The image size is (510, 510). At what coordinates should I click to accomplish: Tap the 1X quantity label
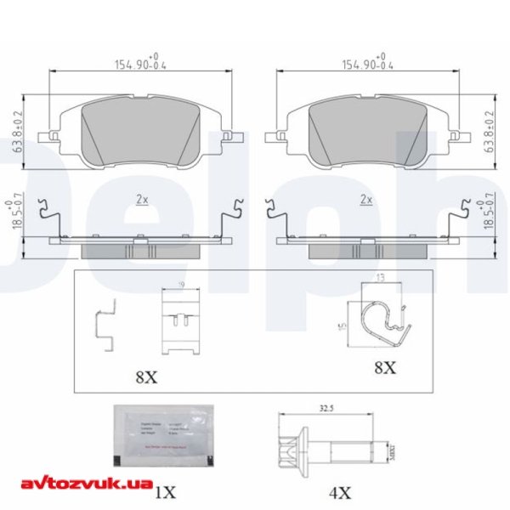pos(165,490)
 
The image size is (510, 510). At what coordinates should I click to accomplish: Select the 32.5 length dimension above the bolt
pos(324,408)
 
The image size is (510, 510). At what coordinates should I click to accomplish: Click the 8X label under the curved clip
pos(384,367)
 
